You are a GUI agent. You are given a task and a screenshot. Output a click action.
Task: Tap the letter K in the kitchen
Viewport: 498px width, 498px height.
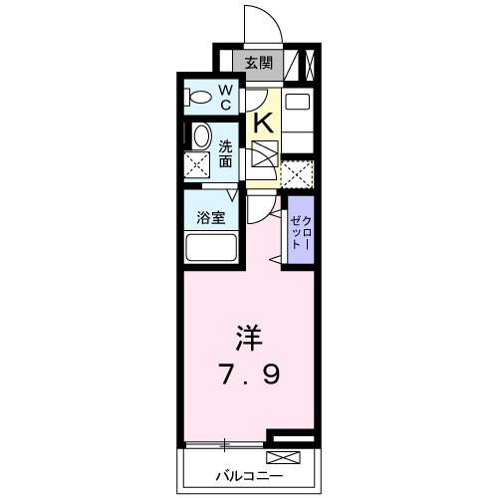(264, 123)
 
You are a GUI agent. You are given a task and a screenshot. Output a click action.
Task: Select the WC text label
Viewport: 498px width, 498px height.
(226, 98)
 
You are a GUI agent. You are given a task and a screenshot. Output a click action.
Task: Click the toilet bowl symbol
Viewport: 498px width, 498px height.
(200, 98)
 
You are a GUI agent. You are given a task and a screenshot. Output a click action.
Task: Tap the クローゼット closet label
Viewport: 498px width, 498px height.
(299, 232)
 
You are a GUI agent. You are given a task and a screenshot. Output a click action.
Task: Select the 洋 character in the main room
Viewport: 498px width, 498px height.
(250, 339)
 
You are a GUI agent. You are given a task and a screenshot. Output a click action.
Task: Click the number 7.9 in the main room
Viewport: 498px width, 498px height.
(250, 375)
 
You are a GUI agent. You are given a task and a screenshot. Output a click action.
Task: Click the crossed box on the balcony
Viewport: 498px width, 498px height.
(283, 458)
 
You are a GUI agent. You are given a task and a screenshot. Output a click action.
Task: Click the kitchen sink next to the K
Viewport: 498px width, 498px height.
(297, 103)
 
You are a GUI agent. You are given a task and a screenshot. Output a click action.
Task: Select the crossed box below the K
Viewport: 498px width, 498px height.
(265, 156)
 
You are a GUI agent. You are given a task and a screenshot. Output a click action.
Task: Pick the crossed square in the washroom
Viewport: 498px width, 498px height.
(197, 164)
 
